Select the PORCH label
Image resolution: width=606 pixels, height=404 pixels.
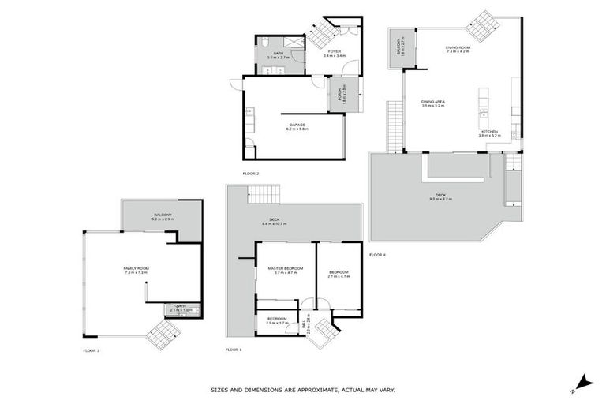[x=339, y=95]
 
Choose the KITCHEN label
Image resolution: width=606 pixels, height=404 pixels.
[x=490, y=132]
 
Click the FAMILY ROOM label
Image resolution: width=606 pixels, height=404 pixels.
[x=137, y=268]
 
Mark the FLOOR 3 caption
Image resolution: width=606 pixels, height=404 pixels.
[x=92, y=350]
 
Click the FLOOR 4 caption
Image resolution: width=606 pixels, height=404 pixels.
[x=378, y=254]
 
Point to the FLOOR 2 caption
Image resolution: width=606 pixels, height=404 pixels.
[x=252, y=174]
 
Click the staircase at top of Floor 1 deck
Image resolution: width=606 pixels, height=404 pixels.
[x=264, y=193]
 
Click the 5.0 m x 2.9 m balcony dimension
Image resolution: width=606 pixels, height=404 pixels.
[x=163, y=218]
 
